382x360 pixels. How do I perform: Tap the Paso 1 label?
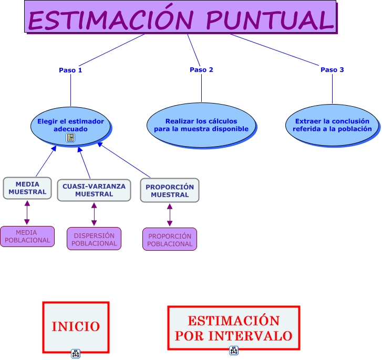tap(70, 70)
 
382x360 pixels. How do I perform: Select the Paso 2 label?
tap(201, 70)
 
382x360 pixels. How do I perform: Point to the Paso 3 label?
tap(332, 70)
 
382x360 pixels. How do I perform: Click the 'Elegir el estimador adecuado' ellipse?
tap(70, 125)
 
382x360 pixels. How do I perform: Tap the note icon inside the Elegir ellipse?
tap(70, 138)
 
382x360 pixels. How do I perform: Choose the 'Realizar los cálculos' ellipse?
tap(201, 125)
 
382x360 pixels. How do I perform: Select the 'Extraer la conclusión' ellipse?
tap(332, 125)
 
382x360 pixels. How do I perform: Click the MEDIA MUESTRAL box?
tap(27, 188)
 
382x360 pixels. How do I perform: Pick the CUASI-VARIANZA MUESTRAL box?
tap(94, 190)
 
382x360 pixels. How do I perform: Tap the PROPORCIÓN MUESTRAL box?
tap(170, 190)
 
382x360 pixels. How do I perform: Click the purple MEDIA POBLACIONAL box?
tap(27, 236)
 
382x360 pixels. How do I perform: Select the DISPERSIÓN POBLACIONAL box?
tap(94, 239)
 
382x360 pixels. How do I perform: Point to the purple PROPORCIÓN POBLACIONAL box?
tap(170, 240)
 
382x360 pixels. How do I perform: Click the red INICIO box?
tap(76, 326)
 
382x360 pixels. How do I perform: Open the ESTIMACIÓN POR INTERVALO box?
tap(233, 328)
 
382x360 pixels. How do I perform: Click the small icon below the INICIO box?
tap(76, 354)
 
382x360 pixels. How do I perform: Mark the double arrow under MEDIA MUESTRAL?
tap(27, 213)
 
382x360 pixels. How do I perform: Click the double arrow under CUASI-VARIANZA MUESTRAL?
tap(94, 214)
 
